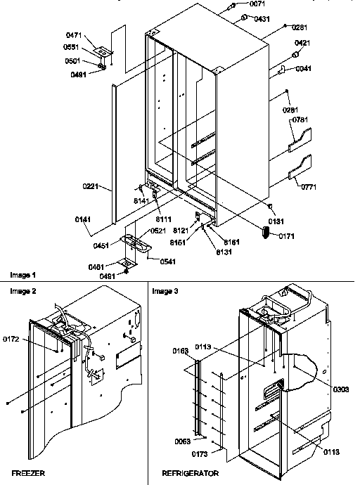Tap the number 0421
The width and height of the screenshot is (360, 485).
(302, 44)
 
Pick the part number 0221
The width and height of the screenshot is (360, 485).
(91, 188)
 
